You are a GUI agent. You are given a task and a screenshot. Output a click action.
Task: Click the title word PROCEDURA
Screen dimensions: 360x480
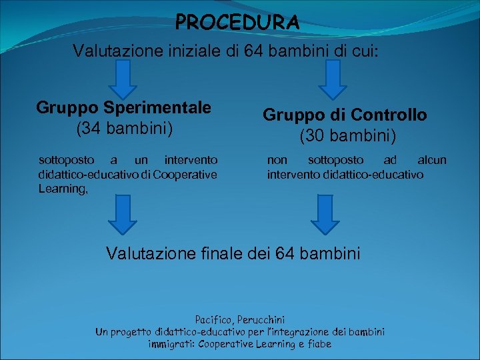tap(237, 23)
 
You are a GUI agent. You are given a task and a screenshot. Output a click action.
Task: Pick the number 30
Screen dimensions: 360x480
tap(316, 136)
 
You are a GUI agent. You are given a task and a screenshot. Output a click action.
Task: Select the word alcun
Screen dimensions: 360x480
tap(432, 160)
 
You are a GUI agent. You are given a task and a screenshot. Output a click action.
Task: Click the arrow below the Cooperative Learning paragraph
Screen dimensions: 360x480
tap(123, 214)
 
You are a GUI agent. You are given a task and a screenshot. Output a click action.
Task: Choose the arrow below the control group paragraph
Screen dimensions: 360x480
tap(328, 214)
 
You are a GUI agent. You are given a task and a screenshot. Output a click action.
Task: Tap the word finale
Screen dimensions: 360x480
tap(222, 253)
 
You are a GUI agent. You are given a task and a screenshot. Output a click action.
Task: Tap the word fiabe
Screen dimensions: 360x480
tap(317, 344)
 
